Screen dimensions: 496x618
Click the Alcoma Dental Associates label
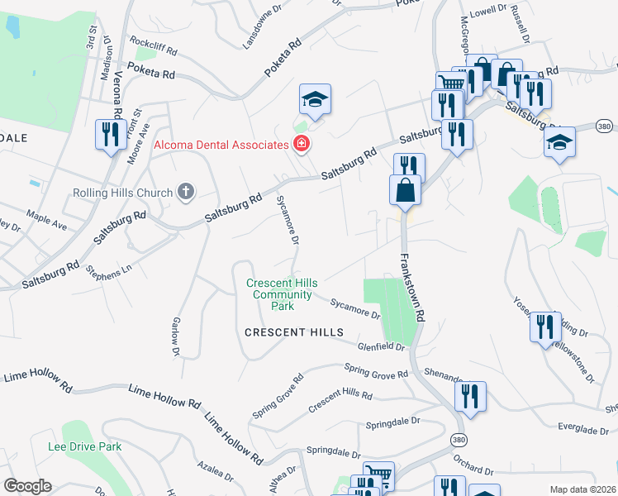(220, 145)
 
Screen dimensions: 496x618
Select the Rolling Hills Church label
(121, 193)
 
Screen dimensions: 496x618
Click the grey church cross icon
(186, 193)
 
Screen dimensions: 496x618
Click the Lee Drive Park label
(84, 446)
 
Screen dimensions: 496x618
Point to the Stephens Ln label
(109, 270)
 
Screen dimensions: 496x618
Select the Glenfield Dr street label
(381, 347)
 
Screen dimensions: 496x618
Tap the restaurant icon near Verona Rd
(110, 135)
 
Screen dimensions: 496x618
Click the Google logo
(27, 486)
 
